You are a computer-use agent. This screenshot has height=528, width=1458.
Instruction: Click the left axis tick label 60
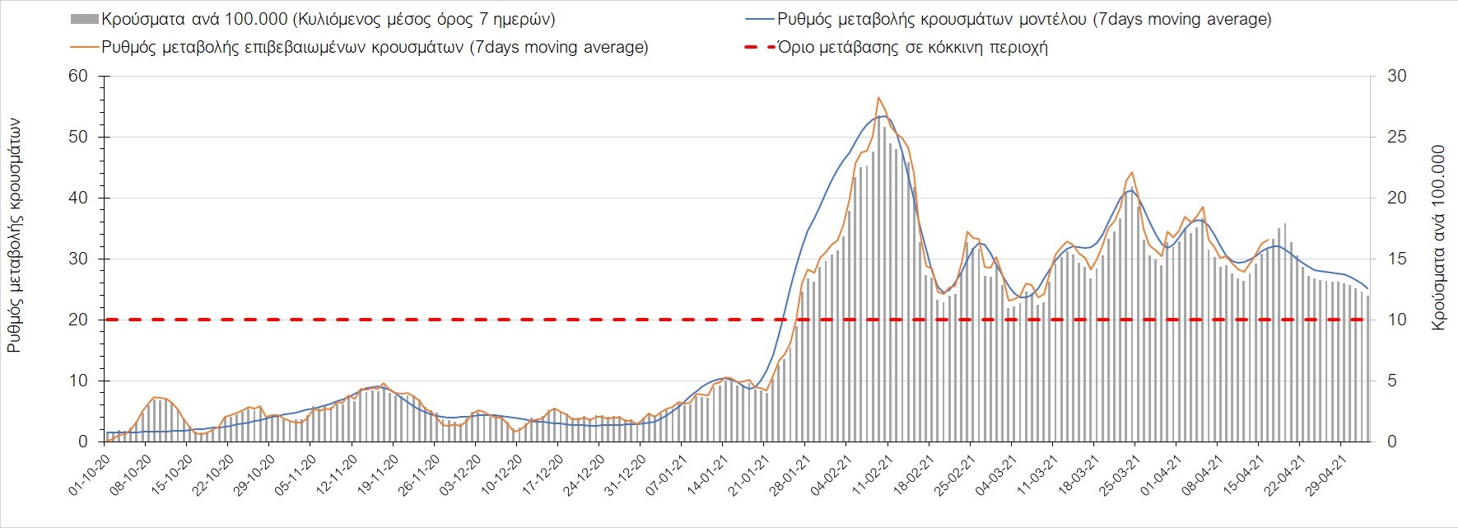(77, 77)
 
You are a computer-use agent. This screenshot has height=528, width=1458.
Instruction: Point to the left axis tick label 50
(77, 138)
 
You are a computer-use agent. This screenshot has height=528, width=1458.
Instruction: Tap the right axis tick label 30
(1397, 77)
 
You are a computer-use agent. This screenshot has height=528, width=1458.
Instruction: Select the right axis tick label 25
(1397, 138)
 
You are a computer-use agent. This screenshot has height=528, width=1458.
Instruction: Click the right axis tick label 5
(1392, 381)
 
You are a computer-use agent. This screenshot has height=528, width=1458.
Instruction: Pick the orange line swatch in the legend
(85, 48)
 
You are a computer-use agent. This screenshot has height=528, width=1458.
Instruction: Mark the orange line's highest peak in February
(878, 97)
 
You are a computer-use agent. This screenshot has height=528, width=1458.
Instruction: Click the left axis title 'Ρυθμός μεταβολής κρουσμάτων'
(15, 236)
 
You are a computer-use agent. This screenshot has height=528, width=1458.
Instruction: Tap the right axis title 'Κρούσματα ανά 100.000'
(1439, 239)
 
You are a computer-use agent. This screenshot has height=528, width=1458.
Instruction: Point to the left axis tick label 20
(77, 320)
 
